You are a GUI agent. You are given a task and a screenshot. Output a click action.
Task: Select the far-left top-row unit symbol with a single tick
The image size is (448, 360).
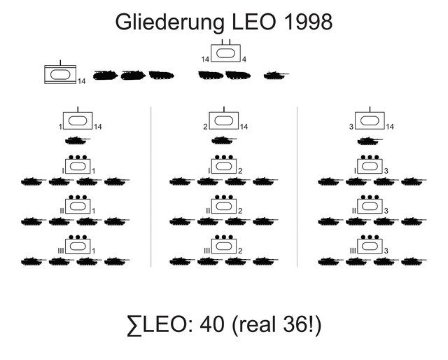(x=59, y=75)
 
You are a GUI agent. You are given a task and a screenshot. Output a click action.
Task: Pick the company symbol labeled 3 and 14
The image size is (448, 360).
(x=369, y=120)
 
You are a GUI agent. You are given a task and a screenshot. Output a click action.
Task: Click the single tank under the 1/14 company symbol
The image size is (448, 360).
(x=78, y=141)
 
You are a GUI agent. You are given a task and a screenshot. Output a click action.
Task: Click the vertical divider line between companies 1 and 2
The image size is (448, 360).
(x=151, y=186)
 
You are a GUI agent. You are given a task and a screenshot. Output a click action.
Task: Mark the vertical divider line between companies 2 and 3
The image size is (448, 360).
(x=297, y=186)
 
